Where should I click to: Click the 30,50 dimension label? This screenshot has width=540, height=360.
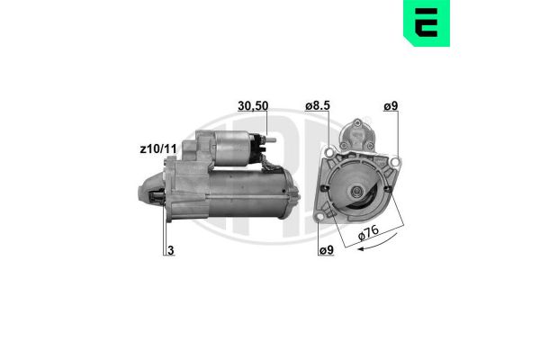pyautogui.click(x=253, y=106)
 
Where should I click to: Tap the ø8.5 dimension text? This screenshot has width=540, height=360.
pyautogui.click(x=318, y=106)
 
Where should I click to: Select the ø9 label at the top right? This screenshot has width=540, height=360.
pyautogui.click(x=391, y=106)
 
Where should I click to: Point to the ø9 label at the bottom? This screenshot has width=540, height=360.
pyautogui.click(x=327, y=250)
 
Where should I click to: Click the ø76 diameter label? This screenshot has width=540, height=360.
pyautogui.click(x=368, y=233)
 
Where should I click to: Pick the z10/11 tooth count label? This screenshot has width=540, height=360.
pyautogui.click(x=158, y=148)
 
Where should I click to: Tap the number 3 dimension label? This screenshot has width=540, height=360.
pyautogui.click(x=170, y=250)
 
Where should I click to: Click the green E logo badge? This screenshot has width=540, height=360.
pyautogui.click(x=427, y=23)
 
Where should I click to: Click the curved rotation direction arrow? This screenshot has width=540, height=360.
pyautogui.click(x=378, y=243)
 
